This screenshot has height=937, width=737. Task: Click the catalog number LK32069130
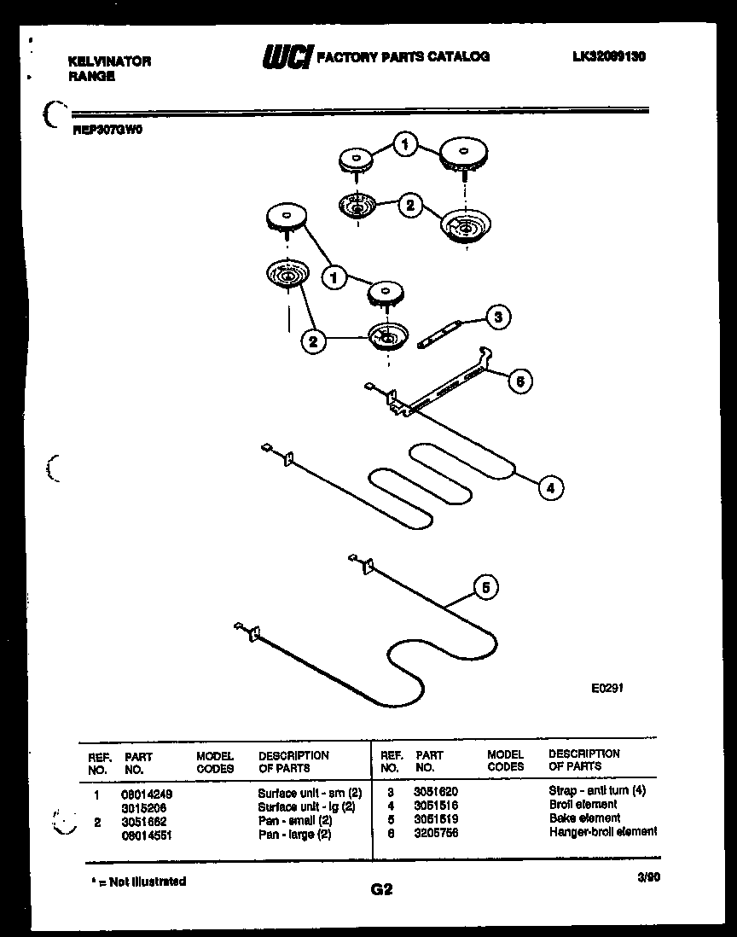tap(609, 56)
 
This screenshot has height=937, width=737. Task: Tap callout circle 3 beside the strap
tap(497, 317)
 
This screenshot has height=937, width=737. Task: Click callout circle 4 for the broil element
tap(550, 488)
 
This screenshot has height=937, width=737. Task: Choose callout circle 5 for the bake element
tap(485, 587)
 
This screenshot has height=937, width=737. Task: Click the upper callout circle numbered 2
tap(409, 205)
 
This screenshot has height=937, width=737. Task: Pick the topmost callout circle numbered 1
tap(406, 145)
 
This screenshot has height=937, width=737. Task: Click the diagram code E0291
tap(608, 687)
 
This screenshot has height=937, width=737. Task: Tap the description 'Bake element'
tap(584, 818)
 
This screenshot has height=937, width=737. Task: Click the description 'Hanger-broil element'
tap(602, 831)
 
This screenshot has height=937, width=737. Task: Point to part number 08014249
tap(148, 793)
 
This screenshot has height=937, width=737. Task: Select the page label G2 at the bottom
tap(381, 889)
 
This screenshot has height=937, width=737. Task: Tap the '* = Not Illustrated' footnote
tap(138, 881)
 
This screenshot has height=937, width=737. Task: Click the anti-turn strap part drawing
tap(440, 334)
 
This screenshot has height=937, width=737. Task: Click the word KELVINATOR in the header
tap(109, 61)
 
